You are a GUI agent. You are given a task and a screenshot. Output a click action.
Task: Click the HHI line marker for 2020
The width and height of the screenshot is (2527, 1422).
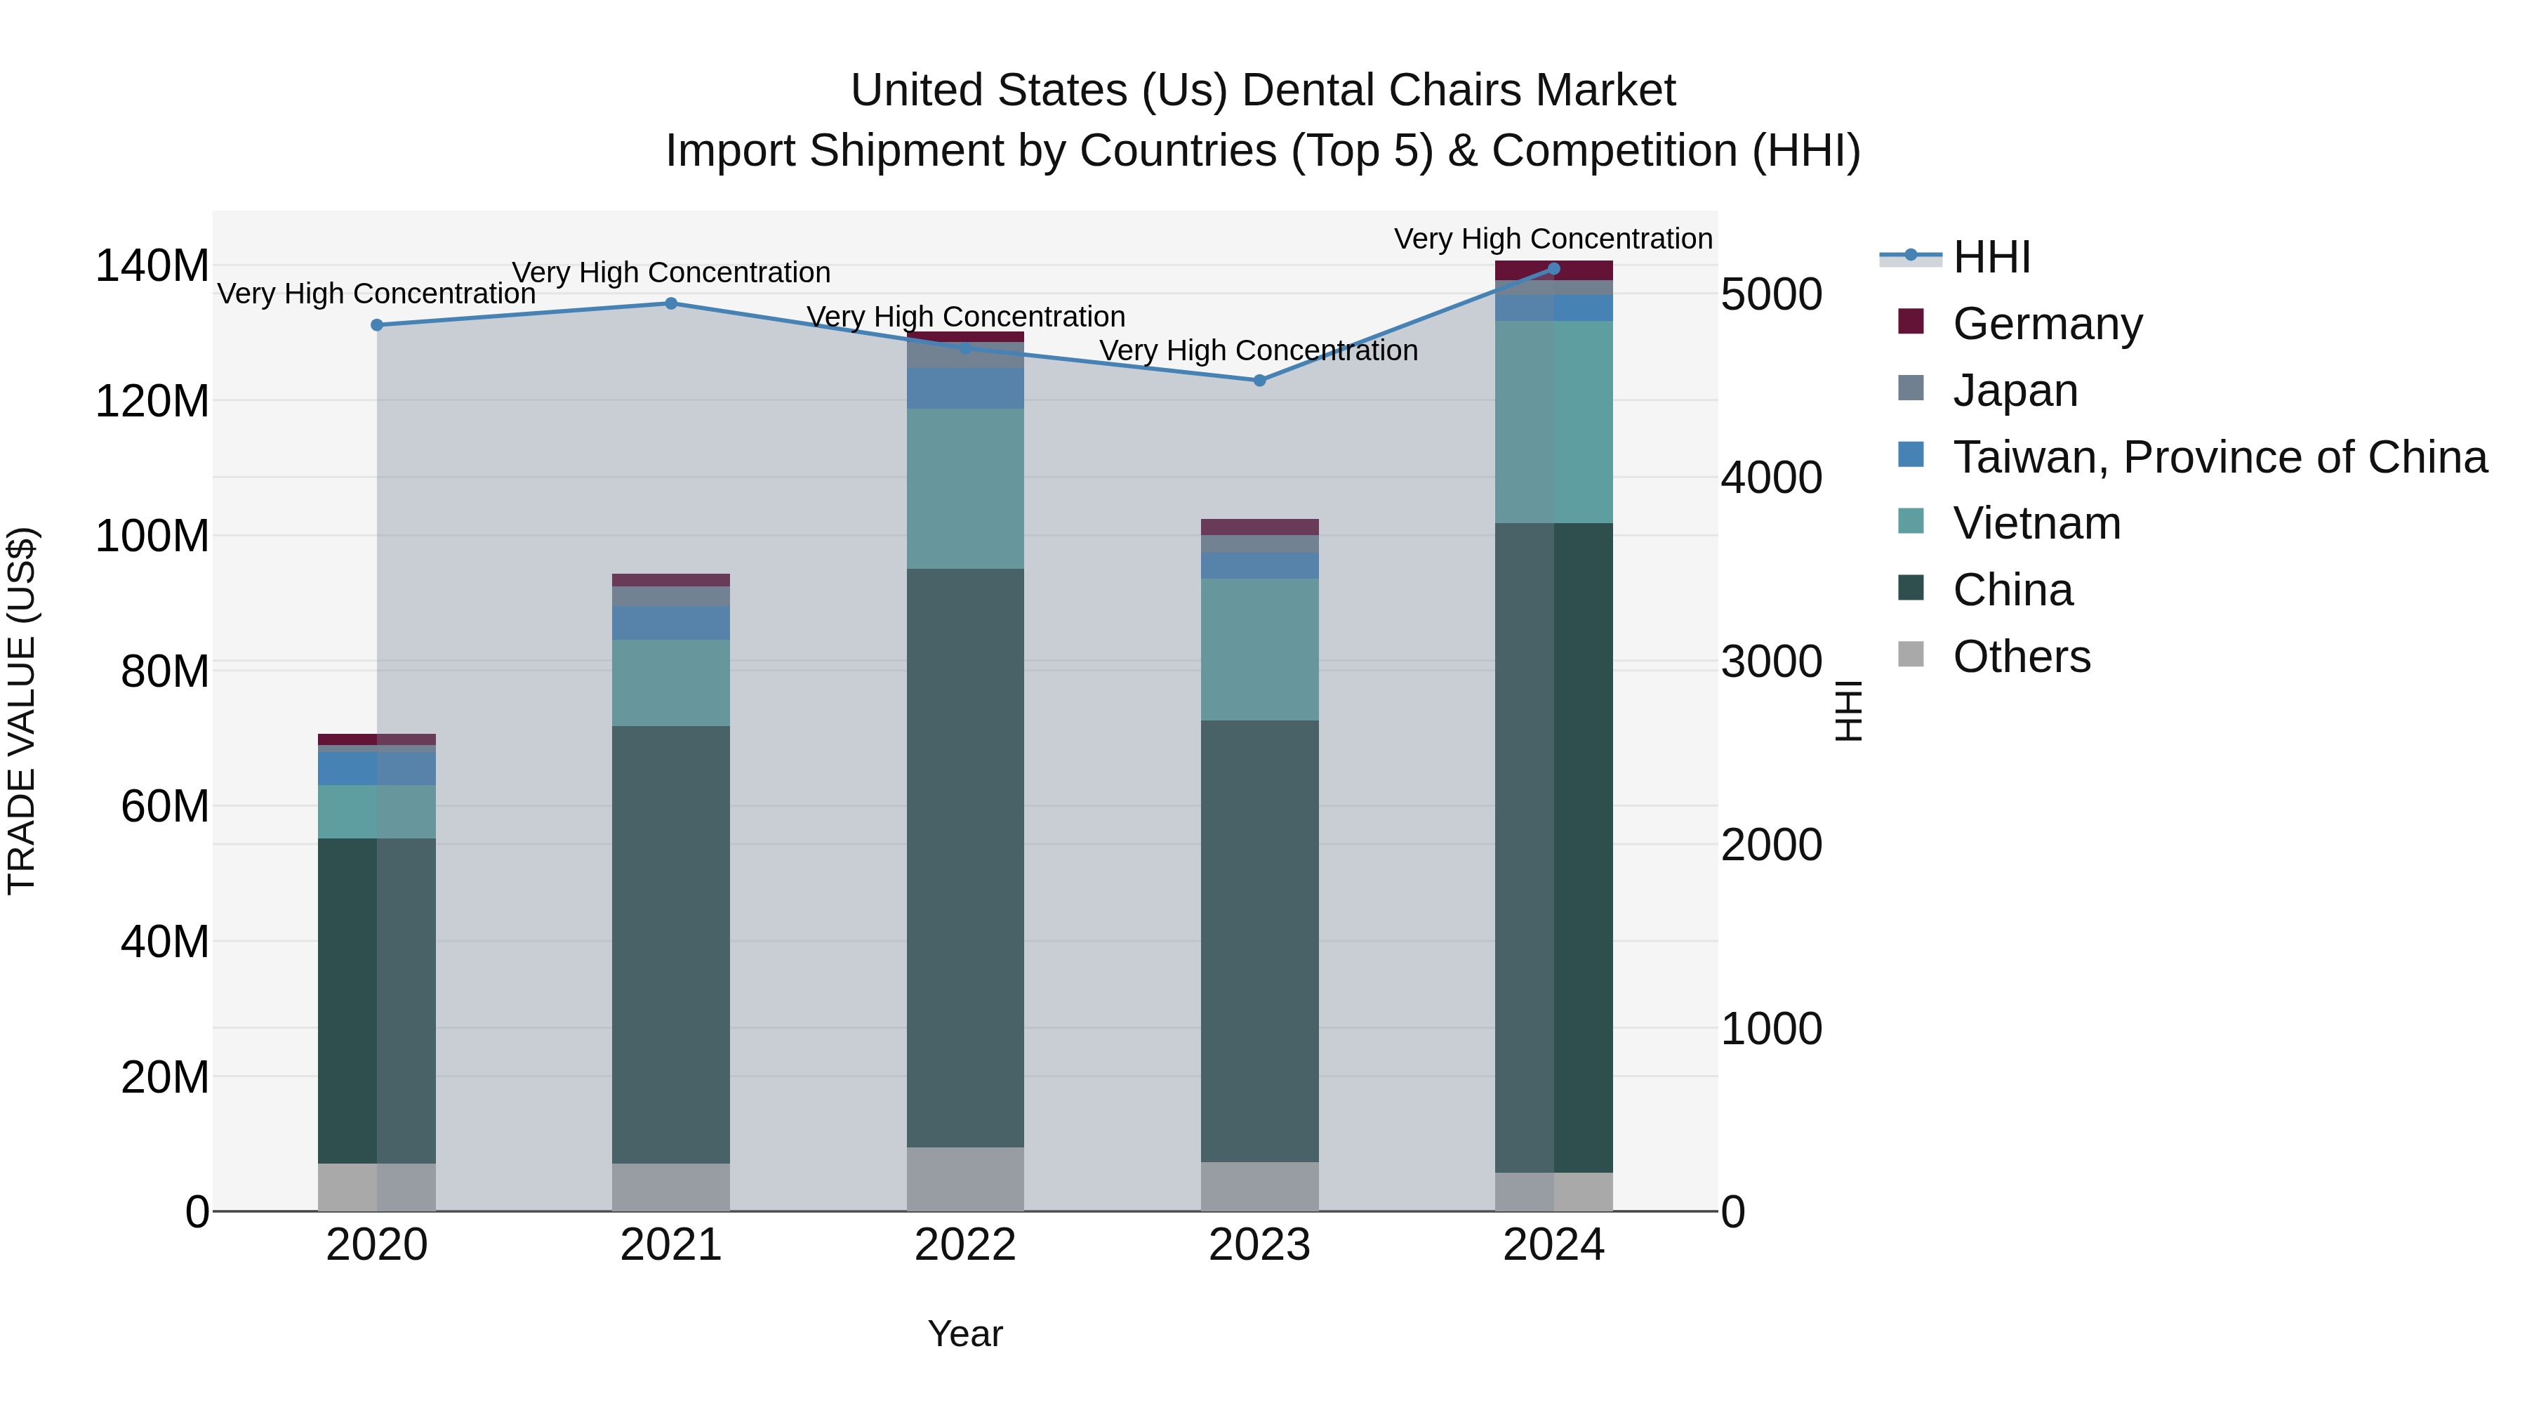(377, 325)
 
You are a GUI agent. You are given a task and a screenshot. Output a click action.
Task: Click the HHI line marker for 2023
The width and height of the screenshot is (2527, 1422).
(1259, 381)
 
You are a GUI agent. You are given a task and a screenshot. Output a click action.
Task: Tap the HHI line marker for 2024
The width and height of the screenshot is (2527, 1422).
(1554, 268)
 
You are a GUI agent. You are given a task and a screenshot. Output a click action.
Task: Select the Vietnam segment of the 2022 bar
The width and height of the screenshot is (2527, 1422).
(965, 489)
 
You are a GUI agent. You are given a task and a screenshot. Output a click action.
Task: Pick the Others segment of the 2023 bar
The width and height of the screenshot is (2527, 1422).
(1259, 1187)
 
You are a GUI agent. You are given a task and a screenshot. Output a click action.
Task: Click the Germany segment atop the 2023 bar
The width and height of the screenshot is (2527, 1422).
(1259, 527)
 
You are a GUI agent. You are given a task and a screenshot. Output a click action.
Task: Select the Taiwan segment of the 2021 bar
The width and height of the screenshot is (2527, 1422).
(671, 623)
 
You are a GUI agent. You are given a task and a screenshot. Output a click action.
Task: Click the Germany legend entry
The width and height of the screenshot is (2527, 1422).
(2048, 323)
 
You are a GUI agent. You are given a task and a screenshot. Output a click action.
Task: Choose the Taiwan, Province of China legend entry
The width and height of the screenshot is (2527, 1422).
(2219, 456)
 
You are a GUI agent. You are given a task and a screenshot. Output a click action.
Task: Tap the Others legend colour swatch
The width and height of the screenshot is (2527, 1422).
(1911, 654)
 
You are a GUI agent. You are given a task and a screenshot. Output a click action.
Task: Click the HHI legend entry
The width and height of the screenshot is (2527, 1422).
(1991, 257)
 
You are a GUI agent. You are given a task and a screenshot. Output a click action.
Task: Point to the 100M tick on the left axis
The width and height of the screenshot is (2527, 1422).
(152, 536)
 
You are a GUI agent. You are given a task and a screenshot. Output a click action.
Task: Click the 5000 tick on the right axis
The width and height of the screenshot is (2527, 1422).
(1772, 294)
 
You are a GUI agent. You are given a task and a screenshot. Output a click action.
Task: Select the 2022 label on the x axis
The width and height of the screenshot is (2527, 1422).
(965, 1245)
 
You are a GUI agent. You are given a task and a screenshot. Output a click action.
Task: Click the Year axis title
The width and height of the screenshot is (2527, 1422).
(965, 1334)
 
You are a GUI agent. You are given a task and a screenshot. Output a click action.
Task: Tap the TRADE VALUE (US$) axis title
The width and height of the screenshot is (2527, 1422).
(22, 711)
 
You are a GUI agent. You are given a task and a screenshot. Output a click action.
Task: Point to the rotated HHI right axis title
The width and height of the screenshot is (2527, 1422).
(1848, 711)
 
